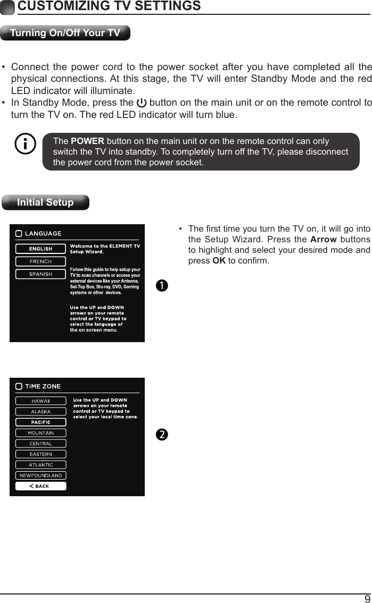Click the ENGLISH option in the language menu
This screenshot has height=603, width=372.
(x=40, y=249)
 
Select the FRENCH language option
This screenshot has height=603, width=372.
(x=40, y=261)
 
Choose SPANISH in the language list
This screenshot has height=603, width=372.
(x=40, y=274)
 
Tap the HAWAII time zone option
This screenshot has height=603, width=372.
(x=40, y=401)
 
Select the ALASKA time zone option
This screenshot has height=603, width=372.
(x=40, y=411)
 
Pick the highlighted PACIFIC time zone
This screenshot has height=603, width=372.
(x=40, y=422)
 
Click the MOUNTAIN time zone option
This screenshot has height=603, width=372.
(x=40, y=433)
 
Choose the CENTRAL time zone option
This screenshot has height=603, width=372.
(x=40, y=444)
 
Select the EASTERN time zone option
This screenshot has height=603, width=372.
(x=40, y=454)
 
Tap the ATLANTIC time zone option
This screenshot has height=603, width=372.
(x=40, y=465)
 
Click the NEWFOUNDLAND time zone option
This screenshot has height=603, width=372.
(x=40, y=475)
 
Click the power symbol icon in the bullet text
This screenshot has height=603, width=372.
(x=142, y=103)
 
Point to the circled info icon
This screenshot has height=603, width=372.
(x=26, y=145)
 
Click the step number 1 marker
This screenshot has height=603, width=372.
(x=162, y=285)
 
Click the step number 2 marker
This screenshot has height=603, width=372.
(x=162, y=434)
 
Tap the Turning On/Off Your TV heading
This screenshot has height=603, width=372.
(x=65, y=33)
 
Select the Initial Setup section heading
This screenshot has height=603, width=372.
(x=45, y=202)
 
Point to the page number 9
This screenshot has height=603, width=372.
(x=367, y=598)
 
